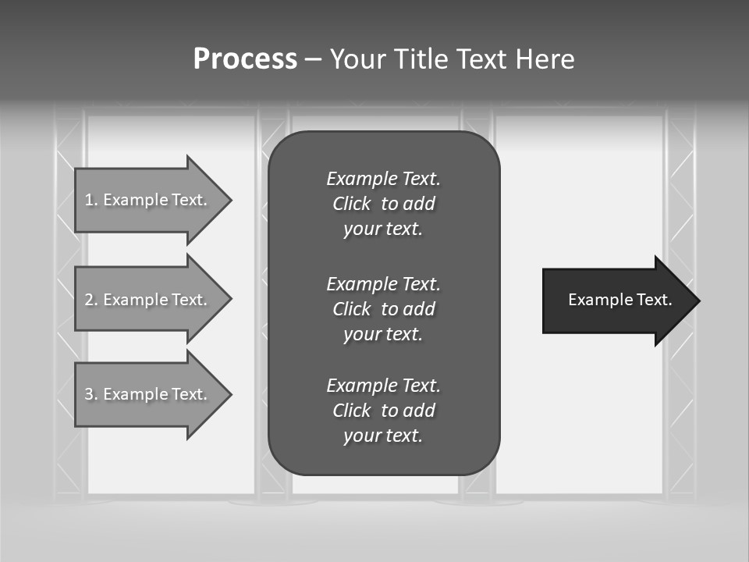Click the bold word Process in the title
click(245, 59)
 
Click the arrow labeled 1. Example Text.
click(148, 200)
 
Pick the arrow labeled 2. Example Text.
click(148, 300)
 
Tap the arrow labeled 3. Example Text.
click(148, 394)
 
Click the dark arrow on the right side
click(616, 301)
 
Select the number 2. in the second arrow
click(91, 300)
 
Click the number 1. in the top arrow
click(91, 200)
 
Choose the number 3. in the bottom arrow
click(91, 394)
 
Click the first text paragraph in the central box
click(383, 204)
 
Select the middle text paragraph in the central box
click(383, 309)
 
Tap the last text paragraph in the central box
click(383, 411)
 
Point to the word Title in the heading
click(425, 59)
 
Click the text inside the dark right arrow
click(619, 300)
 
